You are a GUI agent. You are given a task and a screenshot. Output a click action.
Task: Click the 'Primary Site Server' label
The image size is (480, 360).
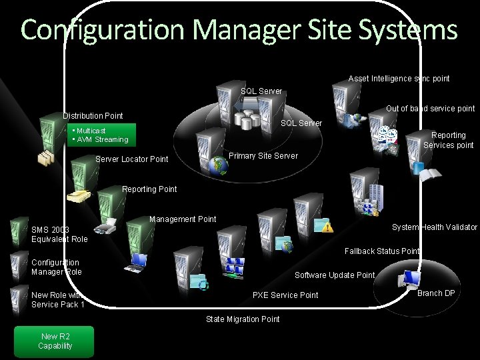click(263, 155)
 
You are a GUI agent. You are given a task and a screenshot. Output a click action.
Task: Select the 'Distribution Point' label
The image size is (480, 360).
click(93, 116)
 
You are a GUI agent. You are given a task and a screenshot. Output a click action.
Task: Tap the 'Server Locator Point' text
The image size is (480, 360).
click(132, 159)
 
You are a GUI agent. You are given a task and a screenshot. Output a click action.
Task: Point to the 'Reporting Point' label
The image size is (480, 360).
click(149, 189)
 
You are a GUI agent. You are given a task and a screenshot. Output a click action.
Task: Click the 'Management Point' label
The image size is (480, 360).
click(183, 219)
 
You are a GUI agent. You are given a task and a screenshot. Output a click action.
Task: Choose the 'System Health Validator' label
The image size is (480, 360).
click(434, 227)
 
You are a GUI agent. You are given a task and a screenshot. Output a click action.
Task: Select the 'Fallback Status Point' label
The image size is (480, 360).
click(382, 251)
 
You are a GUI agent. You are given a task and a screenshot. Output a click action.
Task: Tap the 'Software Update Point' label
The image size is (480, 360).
click(335, 275)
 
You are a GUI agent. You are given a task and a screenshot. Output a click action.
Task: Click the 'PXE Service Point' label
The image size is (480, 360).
click(285, 295)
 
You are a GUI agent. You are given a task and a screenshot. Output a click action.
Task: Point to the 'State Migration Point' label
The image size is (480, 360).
click(243, 319)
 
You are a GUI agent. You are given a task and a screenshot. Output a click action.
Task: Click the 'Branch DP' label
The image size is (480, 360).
click(436, 293)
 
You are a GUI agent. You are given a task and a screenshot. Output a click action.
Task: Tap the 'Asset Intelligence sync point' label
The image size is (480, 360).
click(399, 79)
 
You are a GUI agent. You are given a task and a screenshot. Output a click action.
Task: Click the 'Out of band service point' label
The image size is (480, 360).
click(430, 109)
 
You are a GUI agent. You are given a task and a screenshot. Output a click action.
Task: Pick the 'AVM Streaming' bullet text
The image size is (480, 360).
click(103, 139)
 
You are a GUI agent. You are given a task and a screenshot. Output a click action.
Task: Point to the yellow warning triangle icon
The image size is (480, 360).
click(328, 227)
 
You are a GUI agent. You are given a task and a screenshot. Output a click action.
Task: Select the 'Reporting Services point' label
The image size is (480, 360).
click(448, 140)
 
